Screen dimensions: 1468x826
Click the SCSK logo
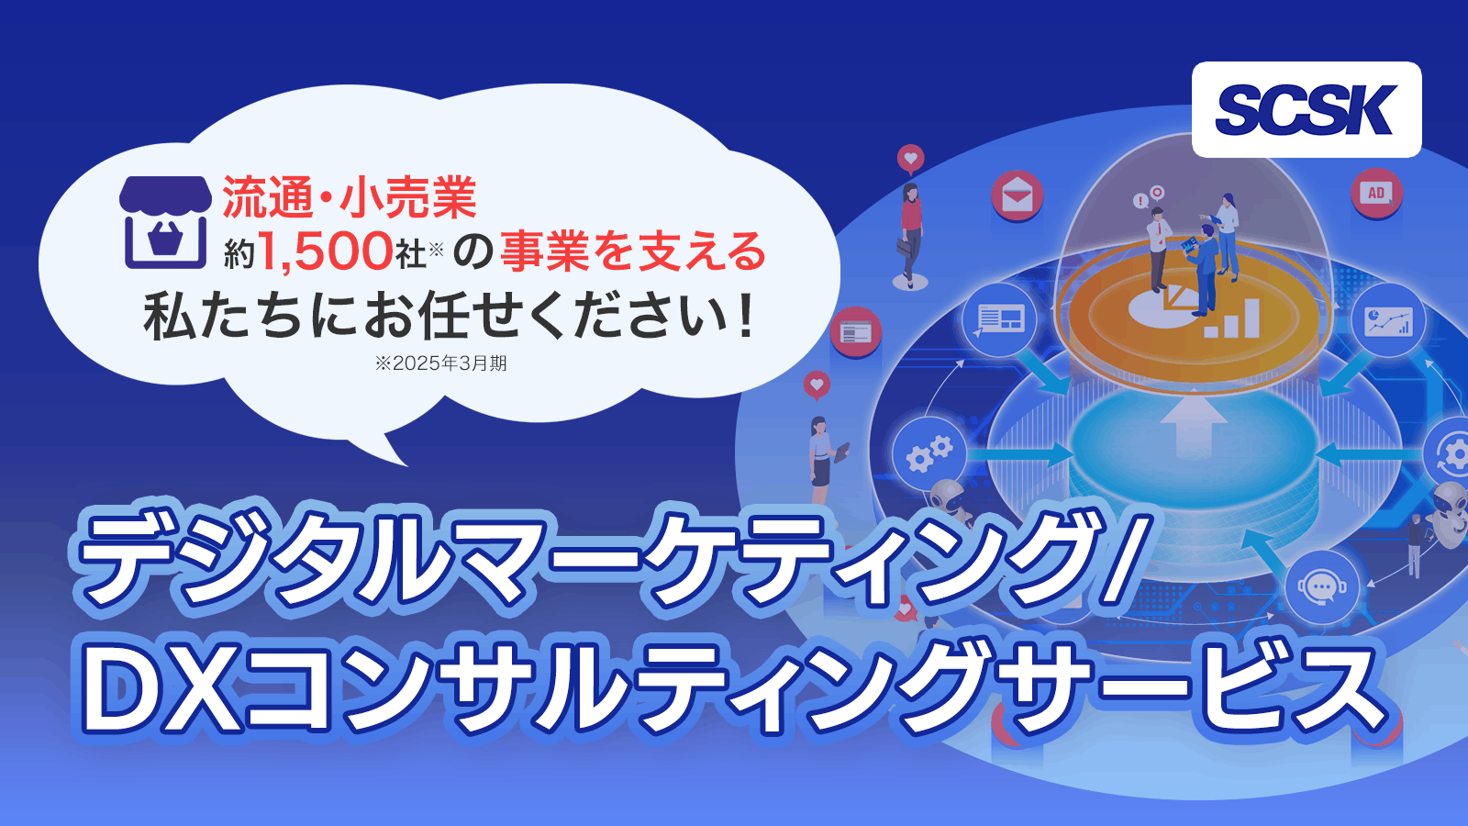(x=1307, y=109)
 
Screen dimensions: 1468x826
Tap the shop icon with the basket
(x=165, y=222)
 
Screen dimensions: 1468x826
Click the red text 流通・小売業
(x=350, y=197)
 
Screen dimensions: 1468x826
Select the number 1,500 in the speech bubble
(x=326, y=252)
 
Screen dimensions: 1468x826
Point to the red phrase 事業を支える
(x=632, y=251)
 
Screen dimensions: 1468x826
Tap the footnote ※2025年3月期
(x=440, y=363)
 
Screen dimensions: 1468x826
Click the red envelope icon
(x=1017, y=195)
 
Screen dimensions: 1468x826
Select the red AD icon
(x=1376, y=193)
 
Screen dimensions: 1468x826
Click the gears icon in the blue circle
(x=929, y=453)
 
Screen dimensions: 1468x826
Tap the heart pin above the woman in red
(x=910, y=160)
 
